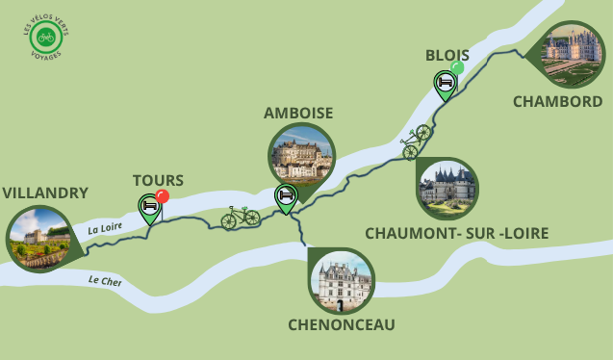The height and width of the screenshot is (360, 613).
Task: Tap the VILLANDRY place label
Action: coord(45,193)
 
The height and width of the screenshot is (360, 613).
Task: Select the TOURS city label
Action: coord(158,180)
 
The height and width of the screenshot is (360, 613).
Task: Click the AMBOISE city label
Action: coord(298,113)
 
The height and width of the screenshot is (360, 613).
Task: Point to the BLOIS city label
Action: coord(447,55)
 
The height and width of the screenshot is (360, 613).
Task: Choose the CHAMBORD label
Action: coord(557,101)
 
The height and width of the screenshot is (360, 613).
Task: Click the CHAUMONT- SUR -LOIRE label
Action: coord(457,233)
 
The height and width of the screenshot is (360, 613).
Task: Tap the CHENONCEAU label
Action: coord(342,324)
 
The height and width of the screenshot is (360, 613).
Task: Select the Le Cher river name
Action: coord(104,281)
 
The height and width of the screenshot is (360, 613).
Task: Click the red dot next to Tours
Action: coord(163,197)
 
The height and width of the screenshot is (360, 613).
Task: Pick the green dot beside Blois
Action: coord(458,67)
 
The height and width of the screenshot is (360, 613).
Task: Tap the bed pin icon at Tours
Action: coord(149,207)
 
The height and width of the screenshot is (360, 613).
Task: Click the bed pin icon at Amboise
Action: coord(287,197)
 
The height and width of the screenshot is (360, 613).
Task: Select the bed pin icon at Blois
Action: coord(445,84)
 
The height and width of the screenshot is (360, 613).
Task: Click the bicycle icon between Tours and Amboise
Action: coord(240,218)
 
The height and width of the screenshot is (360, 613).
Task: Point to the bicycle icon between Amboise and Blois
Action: coord(416,141)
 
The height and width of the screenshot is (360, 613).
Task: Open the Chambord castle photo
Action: coord(574,53)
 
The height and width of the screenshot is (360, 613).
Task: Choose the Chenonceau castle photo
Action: coord(341,281)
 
